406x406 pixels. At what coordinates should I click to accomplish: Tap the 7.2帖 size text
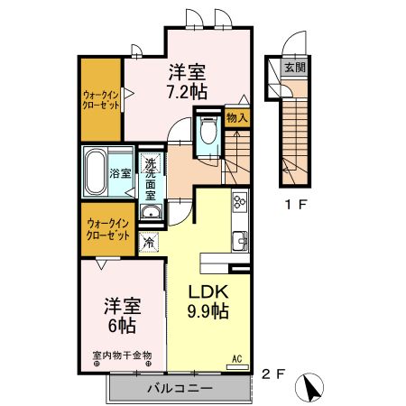click(187, 91)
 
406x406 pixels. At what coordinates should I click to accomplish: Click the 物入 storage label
click(236, 117)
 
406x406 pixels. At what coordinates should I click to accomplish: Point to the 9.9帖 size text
click(209, 311)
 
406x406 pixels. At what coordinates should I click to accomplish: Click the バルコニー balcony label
click(179, 389)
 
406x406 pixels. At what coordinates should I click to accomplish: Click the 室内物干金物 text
click(122, 355)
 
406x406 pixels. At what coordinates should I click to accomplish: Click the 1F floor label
click(297, 203)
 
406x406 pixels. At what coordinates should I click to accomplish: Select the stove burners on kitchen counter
click(239, 201)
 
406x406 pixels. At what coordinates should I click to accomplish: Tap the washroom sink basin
click(152, 212)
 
